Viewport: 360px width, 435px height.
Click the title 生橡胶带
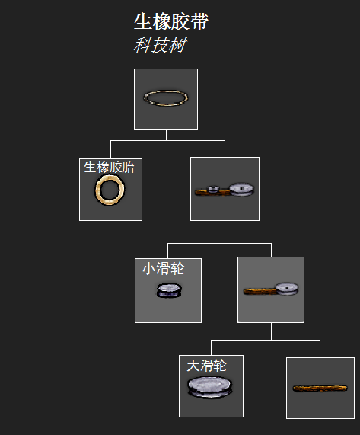click(x=171, y=21)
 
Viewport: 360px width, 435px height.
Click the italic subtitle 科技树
click(x=160, y=45)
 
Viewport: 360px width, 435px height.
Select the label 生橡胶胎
click(x=109, y=167)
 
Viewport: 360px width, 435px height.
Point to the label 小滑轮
click(x=164, y=269)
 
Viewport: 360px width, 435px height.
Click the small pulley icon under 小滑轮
click(x=169, y=290)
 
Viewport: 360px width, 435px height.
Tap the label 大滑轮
click(x=206, y=366)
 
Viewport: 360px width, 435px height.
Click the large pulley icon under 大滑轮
click(x=209, y=387)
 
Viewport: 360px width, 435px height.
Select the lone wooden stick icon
click(x=320, y=388)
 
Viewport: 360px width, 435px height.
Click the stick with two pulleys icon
click(x=225, y=190)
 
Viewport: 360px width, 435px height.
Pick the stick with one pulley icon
click(x=271, y=289)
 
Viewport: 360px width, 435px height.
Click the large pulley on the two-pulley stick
click(x=241, y=189)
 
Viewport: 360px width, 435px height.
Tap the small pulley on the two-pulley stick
click(x=213, y=189)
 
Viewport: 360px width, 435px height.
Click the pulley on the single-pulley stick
click(x=287, y=289)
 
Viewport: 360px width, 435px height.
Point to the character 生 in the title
click(x=143, y=21)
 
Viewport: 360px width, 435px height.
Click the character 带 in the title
click(x=199, y=21)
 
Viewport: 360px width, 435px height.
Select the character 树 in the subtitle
click(x=177, y=45)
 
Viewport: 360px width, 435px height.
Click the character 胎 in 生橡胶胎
click(x=128, y=167)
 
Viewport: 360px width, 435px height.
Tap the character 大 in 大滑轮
click(x=193, y=366)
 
